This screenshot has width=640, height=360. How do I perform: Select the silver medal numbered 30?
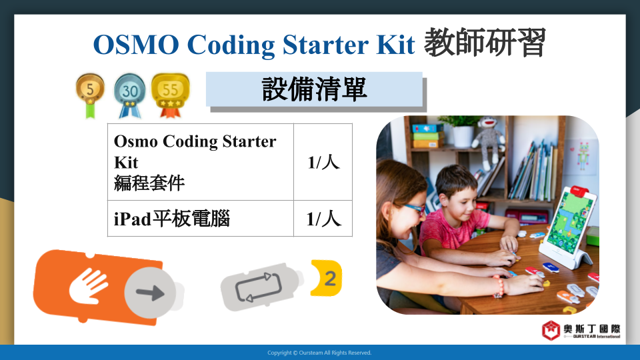pyautogui.click(x=130, y=95)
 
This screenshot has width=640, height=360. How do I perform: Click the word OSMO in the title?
pyautogui.click(x=136, y=44)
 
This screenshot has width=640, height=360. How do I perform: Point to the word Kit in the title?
pyautogui.click(x=395, y=44)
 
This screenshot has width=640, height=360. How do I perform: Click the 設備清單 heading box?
pyautogui.click(x=314, y=89)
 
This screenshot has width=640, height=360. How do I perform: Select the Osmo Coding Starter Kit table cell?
pyautogui.click(x=201, y=162)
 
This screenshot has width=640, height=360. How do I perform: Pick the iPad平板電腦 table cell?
pyautogui.click(x=201, y=219)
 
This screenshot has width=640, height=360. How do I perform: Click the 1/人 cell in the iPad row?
pyautogui.click(x=323, y=219)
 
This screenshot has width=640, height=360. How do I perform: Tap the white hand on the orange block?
pyautogui.click(x=87, y=285)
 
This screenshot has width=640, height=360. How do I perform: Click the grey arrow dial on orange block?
pyautogui.click(x=150, y=293)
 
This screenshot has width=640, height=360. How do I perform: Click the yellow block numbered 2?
pyautogui.click(x=327, y=278)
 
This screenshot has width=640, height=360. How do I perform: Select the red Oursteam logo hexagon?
pyautogui.click(x=551, y=330)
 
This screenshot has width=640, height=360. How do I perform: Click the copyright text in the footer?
pyautogui.click(x=319, y=353)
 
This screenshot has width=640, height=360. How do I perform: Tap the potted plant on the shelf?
pyautogui.click(x=461, y=131)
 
